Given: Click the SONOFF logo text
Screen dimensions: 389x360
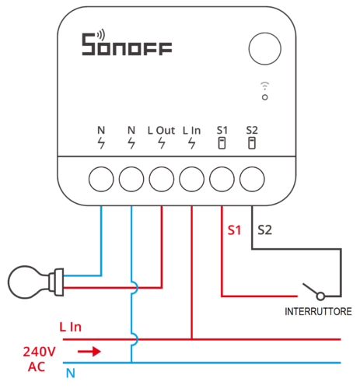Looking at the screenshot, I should click(x=129, y=45).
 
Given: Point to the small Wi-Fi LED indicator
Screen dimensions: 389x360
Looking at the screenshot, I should click(x=265, y=96).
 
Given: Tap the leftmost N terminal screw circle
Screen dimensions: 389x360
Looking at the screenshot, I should click(x=101, y=179).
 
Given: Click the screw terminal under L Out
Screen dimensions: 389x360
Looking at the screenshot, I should click(x=161, y=179).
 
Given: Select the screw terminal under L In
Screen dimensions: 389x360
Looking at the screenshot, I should click(x=191, y=179).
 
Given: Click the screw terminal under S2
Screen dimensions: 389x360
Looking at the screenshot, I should click(x=251, y=179).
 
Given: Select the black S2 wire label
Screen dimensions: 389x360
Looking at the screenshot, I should click(x=264, y=230).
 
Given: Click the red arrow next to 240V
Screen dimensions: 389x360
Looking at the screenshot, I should click(x=90, y=351).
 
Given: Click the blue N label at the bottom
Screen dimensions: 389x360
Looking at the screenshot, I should click(x=69, y=373).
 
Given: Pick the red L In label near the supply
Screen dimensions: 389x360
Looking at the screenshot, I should click(x=70, y=328).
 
